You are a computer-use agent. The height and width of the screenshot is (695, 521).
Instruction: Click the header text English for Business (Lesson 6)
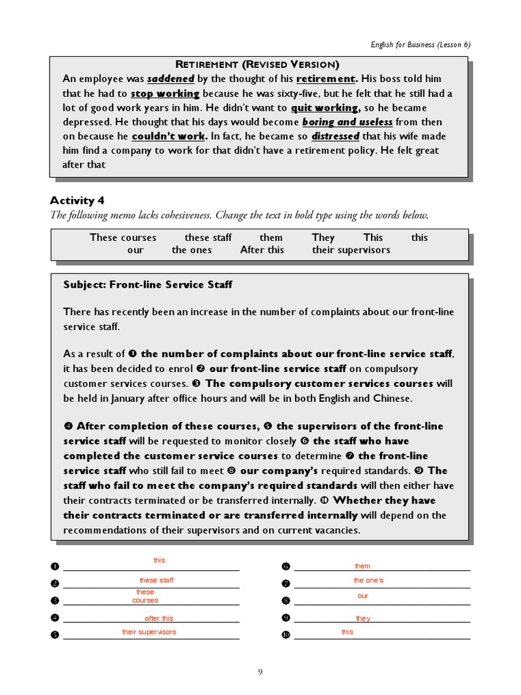(420, 45)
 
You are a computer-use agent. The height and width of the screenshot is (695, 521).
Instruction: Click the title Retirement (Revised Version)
(258, 64)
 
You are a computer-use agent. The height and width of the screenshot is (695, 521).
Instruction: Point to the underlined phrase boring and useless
(347, 122)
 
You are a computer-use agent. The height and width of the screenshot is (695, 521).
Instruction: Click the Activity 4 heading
(77, 200)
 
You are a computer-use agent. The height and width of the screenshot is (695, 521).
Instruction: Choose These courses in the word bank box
(123, 238)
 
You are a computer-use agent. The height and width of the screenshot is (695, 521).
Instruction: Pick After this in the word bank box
(262, 250)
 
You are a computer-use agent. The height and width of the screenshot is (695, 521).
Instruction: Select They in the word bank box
(324, 238)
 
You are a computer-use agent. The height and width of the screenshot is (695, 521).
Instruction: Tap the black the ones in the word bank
(191, 250)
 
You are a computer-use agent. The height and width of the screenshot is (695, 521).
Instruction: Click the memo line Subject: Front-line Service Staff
(147, 285)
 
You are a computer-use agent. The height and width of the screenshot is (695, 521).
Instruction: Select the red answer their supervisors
(149, 632)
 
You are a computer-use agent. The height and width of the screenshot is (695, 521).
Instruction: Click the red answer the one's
(368, 580)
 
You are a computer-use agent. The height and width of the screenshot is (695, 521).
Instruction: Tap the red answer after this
(159, 618)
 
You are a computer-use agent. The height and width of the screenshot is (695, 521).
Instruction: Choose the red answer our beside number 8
(363, 596)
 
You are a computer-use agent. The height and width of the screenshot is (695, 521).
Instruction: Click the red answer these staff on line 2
(157, 580)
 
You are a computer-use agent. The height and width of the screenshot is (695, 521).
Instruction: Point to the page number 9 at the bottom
(260, 673)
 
